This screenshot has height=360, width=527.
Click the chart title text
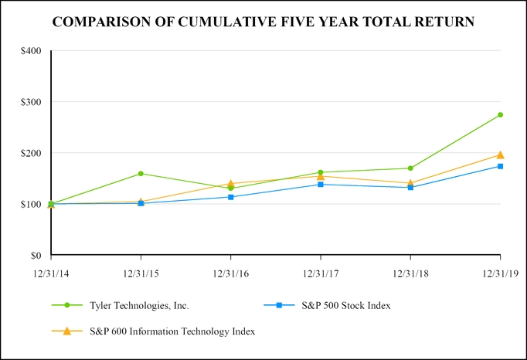point(263,22)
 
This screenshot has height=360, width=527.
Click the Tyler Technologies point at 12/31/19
point(501,115)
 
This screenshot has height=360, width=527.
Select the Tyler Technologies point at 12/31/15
point(141,174)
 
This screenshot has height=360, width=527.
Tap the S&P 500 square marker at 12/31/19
point(501,166)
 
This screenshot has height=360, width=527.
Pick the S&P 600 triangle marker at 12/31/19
point(501,155)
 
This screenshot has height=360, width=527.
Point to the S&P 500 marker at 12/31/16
point(231,197)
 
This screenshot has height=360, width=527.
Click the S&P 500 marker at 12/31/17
point(321,184)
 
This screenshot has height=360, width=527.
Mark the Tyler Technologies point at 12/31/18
point(410,168)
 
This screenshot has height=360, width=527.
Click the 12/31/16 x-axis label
point(231,273)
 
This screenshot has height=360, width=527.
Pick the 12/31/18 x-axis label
point(410,273)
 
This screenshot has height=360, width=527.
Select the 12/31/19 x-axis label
point(500,273)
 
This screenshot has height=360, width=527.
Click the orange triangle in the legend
point(67,331)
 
